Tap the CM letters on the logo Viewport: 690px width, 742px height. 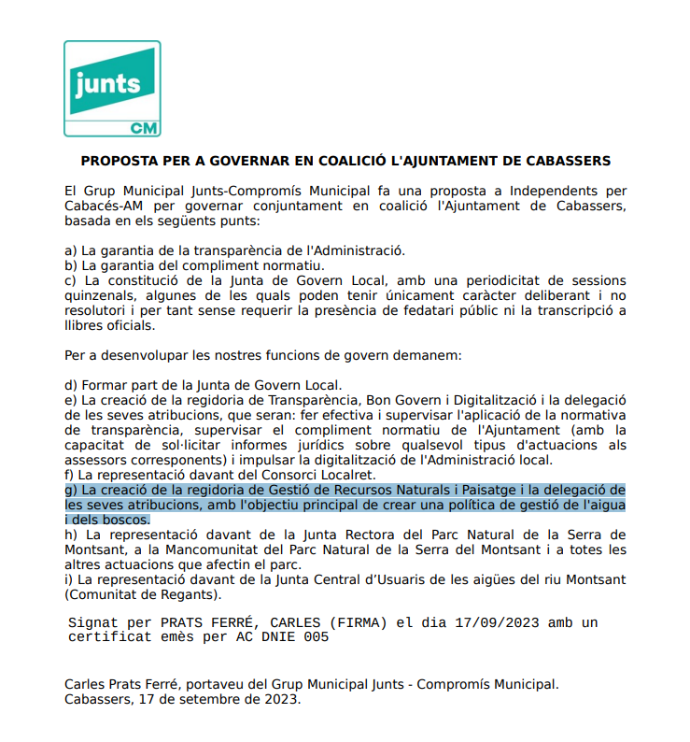(x=143, y=127)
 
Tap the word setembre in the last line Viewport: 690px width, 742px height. (x=217, y=699)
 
